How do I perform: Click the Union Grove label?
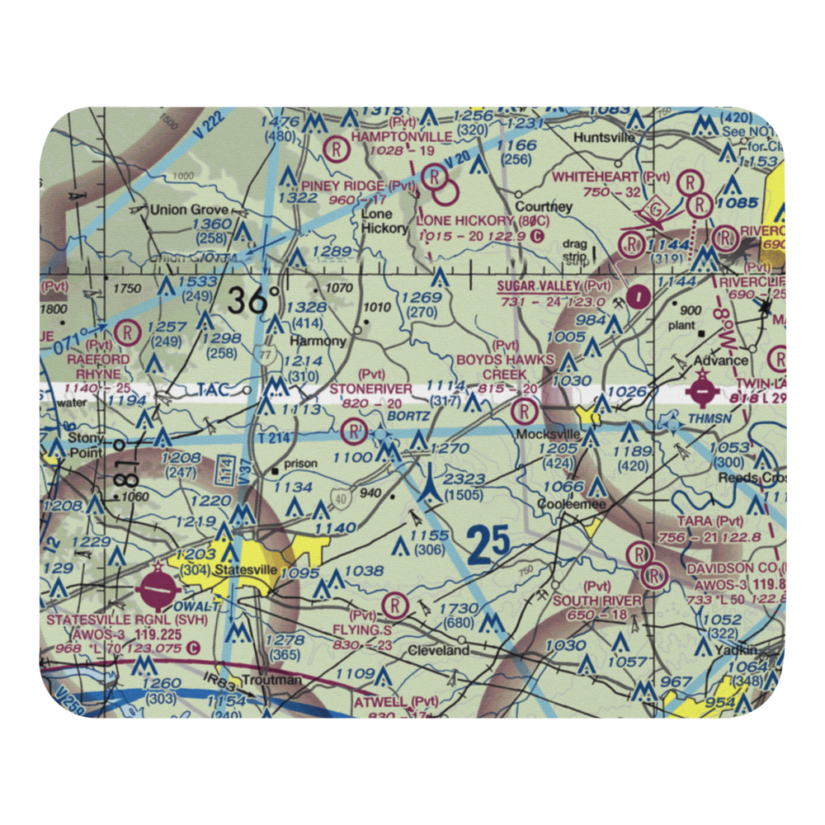pos(187,210)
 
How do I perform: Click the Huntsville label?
pos(606,137)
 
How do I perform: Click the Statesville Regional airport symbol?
pos(159,590)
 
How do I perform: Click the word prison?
pos(300,464)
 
